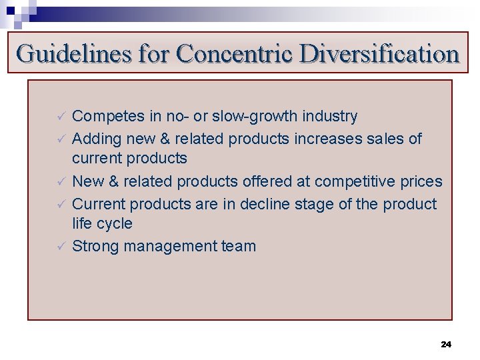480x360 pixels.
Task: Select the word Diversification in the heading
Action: pyautogui.click(x=380, y=53)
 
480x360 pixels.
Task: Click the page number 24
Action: pyautogui.click(x=446, y=344)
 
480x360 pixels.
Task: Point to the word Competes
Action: pyautogui.click(x=108, y=117)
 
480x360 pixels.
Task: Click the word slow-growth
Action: pyautogui.click(x=256, y=117)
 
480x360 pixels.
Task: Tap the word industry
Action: pyautogui.click(x=329, y=117)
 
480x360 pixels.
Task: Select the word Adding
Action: pyautogui.click(x=93, y=139)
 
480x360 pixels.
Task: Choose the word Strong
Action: pyautogui.click(x=95, y=247)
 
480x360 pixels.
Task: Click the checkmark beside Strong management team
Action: pyautogui.click(x=59, y=247)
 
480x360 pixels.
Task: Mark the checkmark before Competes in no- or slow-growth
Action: pyautogui.click(x=59, y=117)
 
